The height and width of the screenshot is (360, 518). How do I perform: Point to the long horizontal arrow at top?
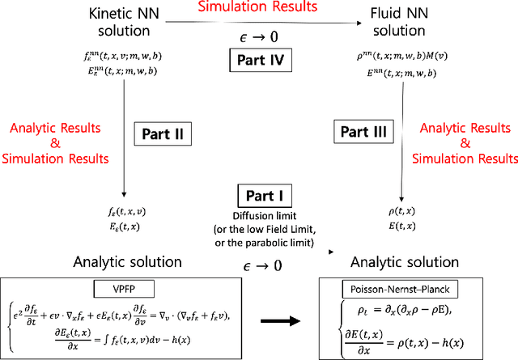(259, 24)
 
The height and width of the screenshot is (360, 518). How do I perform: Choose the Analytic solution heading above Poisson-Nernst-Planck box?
(404, 262)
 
